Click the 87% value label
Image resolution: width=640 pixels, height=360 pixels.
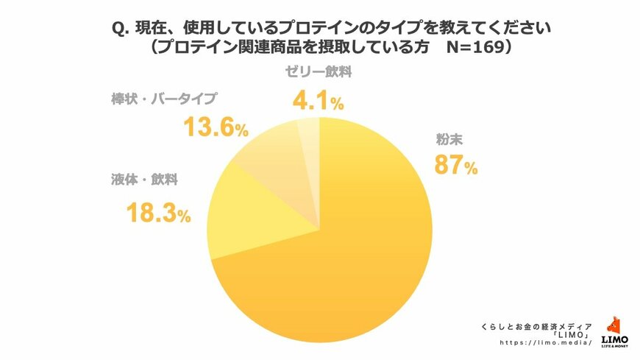(455, 166)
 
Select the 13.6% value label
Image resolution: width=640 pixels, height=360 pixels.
(214, 128)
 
